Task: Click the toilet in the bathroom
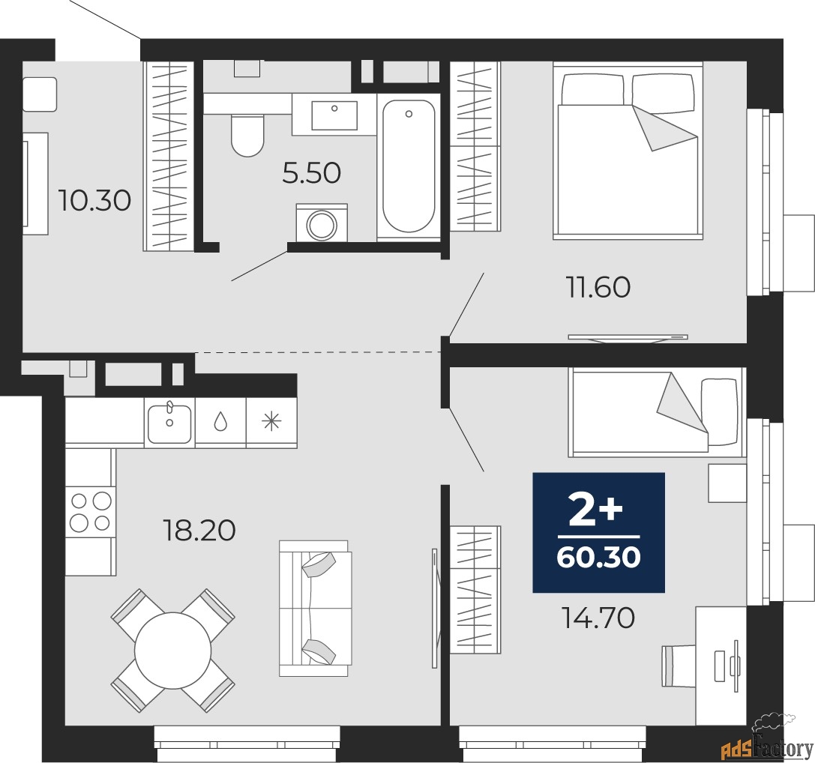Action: coord(247,135)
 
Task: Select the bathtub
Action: coord(409,166)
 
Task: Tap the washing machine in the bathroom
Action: coord(322,223)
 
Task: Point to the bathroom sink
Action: coord(334,115)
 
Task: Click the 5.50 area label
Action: coord(311,173)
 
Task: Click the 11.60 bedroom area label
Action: coord(597,286)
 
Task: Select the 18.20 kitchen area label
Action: coord(199,531)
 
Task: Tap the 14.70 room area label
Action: coord(598,618)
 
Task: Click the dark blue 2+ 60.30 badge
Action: coord(598,532)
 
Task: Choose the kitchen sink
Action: coord(169,423)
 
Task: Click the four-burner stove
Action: coord(90,511)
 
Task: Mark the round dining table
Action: coord(172,651)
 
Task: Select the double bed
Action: coord(628,152)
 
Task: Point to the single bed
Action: coord(656,411)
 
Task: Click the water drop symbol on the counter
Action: coord(220,423)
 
